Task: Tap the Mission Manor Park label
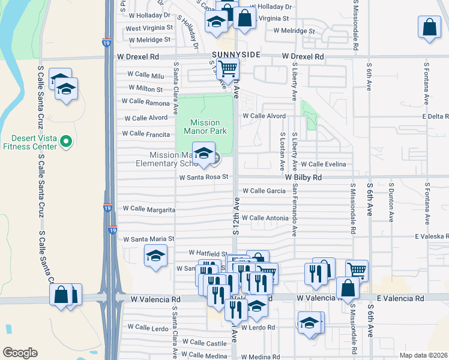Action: [x=205, y=127]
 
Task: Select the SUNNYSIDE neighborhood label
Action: [x=236, y=55]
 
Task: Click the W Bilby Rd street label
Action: [x=303, y=178]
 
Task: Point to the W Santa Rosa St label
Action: [x=204, y=177]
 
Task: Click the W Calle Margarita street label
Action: [x=149, y=209]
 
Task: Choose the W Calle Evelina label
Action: [x=324, y=164]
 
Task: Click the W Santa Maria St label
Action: [x=148, y=239]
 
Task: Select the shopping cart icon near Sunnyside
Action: [x=228, y=69]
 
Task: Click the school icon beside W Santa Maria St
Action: [x=155, y=256]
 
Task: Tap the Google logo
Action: [x=20, y=353]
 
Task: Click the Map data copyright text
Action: [x=423, y=355]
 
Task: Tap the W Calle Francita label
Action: [x=146, y=134]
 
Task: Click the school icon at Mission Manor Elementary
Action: [x=203, y=151]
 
